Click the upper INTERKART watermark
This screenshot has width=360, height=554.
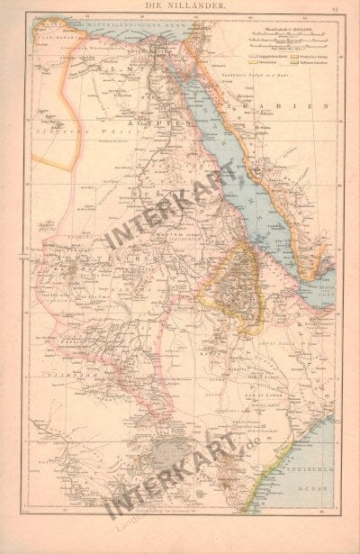click(x=171, y=212)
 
